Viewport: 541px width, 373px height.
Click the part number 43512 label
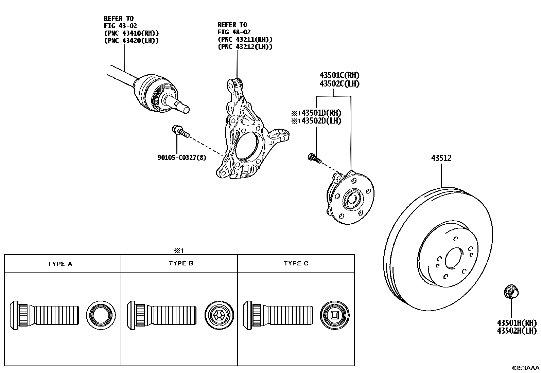pos(441,158)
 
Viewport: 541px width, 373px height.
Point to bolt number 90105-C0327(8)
pos(182,157)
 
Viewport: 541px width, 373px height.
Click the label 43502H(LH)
pos(517,331)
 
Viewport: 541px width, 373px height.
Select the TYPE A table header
pos(60,264)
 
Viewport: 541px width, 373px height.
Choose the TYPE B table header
pos(181,263)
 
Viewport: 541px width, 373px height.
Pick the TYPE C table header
pos(296,263)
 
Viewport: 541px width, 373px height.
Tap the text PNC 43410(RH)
pos(132,33)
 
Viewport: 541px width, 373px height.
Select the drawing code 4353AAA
pos(526,368)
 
